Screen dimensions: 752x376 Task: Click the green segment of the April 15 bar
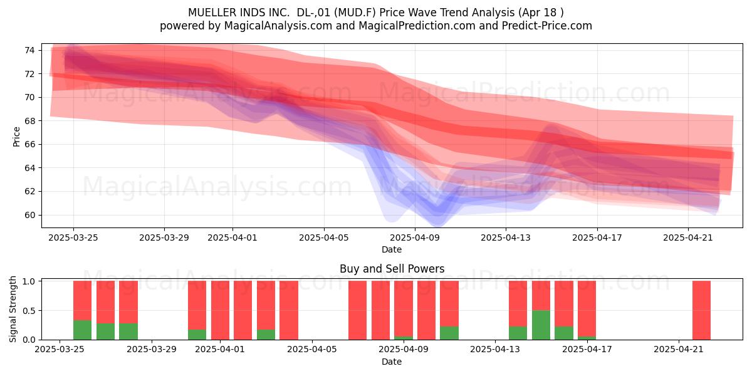[x=541, y=325]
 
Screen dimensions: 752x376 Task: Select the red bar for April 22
[x=701, y=310]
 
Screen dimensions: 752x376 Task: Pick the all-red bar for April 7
[x=357, y=310]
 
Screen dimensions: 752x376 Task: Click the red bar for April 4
[x=289, y=310]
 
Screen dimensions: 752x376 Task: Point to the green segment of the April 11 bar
[x=449, y=333]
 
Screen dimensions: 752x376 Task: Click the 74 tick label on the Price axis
[x=29, y=51]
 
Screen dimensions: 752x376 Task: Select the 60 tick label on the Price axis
[x=29, y=215]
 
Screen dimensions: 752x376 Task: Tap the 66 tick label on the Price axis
[x=29, y=145]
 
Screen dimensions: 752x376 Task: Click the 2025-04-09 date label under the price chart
[x=415, y=238]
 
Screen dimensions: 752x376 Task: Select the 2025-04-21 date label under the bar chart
[x=679, y=350]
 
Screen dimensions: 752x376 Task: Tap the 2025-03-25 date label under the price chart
[x=73, y=238]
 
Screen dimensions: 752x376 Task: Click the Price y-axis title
[x=16, y=137]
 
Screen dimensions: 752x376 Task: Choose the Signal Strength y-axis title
[x=13, y=309]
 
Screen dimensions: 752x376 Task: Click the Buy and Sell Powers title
[x=392, y=269]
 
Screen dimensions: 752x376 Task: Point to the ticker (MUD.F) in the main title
[x=357, y=13]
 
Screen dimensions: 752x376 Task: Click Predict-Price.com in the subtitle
[x=547, y=26]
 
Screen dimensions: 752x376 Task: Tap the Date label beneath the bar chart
[x=392, y=362]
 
